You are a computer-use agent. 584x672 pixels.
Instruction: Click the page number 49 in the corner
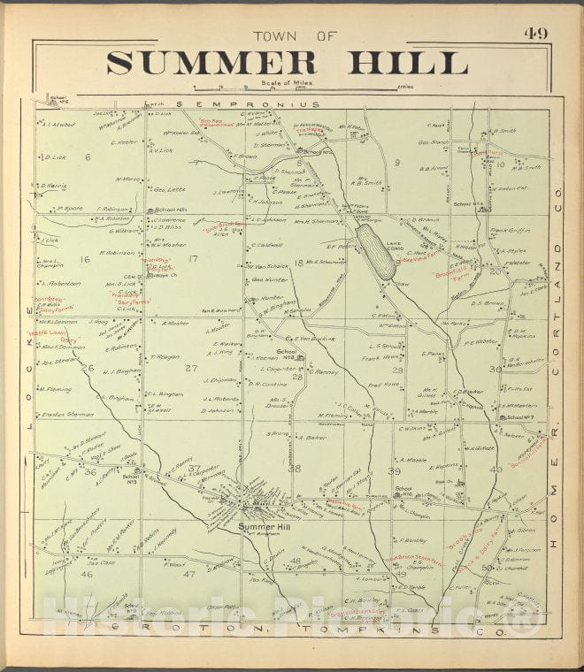[x=534, y=34]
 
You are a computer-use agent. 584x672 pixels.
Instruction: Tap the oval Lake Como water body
[x=375, y=251]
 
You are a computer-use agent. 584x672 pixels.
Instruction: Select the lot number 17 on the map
[x=193, y=258]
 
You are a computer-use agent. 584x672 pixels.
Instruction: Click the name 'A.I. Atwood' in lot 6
[x=58, y=124]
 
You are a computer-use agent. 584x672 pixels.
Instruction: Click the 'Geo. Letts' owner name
[x=170, y=188]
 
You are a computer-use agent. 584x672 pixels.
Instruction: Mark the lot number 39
[x=394, y=471]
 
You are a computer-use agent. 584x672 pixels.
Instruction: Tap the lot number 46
[x=86, y=574]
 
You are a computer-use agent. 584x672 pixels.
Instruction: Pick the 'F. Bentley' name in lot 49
[x=413, y=539]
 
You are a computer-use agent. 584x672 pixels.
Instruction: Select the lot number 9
[x=397, y=162]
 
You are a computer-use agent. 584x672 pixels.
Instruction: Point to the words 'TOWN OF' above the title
[x=295, y=36]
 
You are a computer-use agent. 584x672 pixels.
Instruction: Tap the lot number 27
[x=191, y=367]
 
